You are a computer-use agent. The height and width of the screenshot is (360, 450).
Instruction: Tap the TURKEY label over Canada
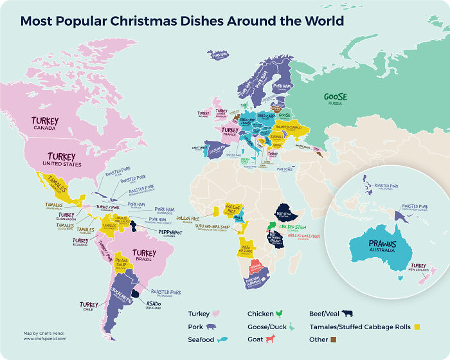click(44, 122)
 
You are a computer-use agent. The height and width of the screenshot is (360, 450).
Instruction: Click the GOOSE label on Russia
click(336, 97)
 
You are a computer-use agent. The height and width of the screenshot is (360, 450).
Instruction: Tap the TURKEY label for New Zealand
click(418, 265)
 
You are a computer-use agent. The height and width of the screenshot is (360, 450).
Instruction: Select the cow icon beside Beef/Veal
click(348, 314)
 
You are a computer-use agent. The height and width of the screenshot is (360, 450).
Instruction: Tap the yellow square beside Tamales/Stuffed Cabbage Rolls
click(417, 327)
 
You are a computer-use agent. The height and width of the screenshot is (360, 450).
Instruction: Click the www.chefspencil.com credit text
click(46, 338)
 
